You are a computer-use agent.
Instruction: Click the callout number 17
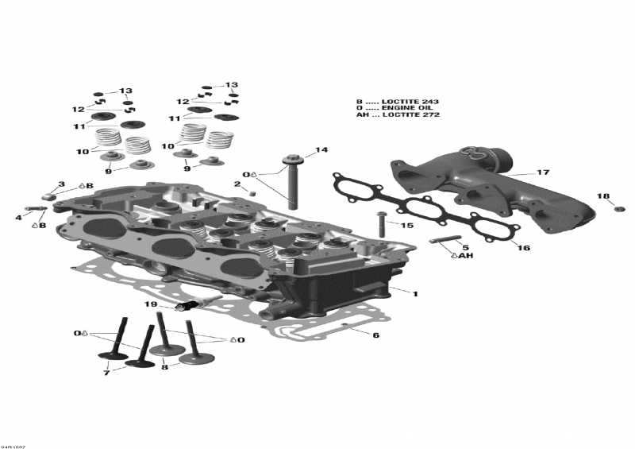[x=543, y=172]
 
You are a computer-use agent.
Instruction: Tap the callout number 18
[x=603, y=195]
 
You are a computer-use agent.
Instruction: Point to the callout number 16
[x=524, y=248]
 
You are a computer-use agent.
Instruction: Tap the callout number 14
[x=321, y=149]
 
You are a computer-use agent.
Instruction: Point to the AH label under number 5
[x=465, y=256]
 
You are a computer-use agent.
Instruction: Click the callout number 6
[x=375, y=335]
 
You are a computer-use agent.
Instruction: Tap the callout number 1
[x=414, y=293]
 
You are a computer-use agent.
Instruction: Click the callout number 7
[x=106, y=373]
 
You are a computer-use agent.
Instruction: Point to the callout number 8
[x=165, y=366]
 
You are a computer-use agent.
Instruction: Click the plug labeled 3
[x=48, y=195]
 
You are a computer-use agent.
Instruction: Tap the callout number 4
[x=18, y=216]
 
